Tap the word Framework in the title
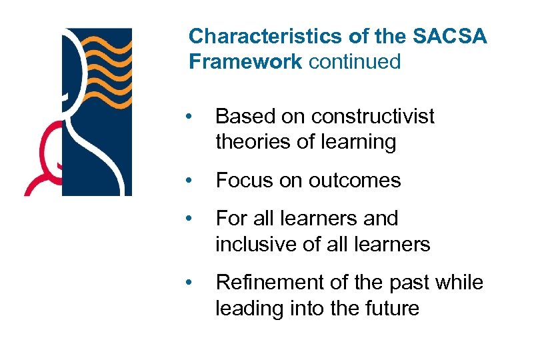click(x=245, y=62)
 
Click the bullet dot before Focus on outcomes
click(x=190, y=181)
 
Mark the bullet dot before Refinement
click(x=190, y=283)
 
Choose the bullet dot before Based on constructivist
click(x=190, y=117)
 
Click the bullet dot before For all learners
click(x=190, y=219)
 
